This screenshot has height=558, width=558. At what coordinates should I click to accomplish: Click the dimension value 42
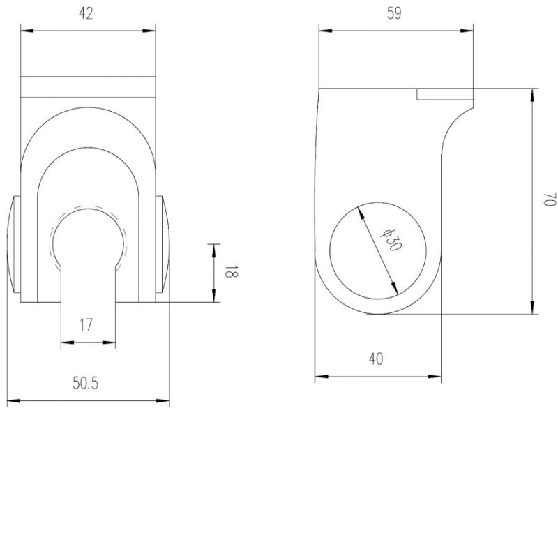87,14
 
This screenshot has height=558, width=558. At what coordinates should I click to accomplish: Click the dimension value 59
395,14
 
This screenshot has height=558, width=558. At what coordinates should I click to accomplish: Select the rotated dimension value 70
549,201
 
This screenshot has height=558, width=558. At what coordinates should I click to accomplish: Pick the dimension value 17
87,324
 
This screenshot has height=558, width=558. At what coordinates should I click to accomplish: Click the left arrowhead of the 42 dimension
25,30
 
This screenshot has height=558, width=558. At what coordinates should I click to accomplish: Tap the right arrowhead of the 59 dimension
469,30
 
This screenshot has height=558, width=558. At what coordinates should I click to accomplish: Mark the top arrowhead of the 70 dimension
534,93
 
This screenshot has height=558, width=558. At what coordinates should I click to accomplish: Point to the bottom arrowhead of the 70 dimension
534,309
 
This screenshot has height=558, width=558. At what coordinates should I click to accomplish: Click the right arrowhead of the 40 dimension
437,377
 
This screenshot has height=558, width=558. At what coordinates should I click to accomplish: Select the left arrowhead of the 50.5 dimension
11,401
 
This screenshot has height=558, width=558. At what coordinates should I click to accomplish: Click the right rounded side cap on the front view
162,248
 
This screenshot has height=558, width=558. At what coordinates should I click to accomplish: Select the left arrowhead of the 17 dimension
66,342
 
